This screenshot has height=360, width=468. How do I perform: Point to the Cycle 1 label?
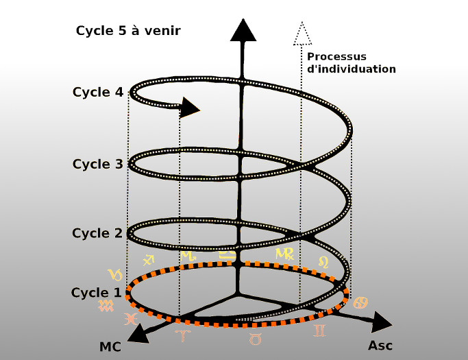[x=96, y=293]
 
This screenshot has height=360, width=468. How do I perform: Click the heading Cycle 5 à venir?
[x=127, y=31]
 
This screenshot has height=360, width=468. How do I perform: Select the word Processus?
[x=336, y=56]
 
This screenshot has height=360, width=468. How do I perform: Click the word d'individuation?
[x=352, y=69]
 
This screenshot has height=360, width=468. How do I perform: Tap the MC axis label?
[x=110, y=347]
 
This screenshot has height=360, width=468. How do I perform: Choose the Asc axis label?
[x=380, y=346]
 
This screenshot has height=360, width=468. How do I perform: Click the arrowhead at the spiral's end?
[x=190, y=107]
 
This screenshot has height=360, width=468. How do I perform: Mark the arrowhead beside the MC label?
[x=139, y=333]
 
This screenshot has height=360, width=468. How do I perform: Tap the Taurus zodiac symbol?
[x=254, y=338]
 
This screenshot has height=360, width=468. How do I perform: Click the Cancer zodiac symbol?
[x=360, y=302]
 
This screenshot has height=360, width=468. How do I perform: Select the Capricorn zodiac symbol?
[x=115, y=275]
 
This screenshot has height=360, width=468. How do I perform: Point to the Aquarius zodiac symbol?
[x=106, y=306]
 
